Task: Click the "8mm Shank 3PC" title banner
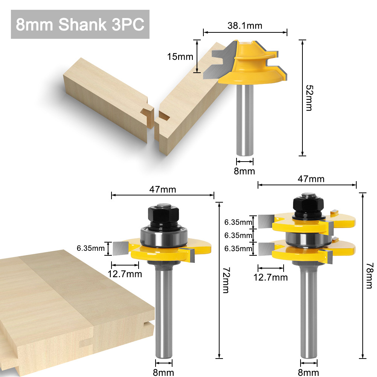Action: coord(80,24)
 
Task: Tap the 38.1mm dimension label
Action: coord(245,26)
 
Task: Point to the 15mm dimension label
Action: coord(180,57)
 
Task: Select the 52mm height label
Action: coord(309,98)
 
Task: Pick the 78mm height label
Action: coord(369,276)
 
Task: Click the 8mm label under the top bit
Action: coord(244,171)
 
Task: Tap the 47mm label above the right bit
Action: coord(311,179)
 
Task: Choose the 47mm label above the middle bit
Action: coord(163,189)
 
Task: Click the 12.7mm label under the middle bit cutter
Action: coord(125,274)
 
